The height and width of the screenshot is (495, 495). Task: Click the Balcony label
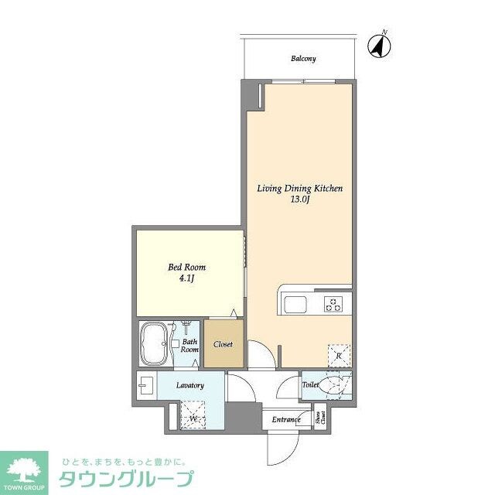tap(303, 59)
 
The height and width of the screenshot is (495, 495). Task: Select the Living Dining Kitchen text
tap(299, 188)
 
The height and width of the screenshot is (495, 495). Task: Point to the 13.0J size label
tap(300, 200)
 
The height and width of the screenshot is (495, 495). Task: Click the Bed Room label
tap(187, 268)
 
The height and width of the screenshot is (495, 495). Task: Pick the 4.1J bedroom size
tap(186, 280)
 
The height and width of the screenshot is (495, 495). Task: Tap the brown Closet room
tap(224, 344)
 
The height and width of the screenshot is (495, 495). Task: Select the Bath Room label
tap(190, 345)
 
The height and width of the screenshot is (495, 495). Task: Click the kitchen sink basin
tap(297, 305)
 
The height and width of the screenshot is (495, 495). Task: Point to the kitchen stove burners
tap(334, 304)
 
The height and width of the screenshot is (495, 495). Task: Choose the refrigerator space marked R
tap(339, 355)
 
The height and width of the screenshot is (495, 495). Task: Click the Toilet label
tap(311, 383)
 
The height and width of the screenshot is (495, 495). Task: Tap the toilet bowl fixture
tap(338, 384)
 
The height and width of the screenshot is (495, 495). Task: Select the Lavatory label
tap(189, 385)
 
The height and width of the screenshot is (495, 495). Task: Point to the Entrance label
tap(285, 420)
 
